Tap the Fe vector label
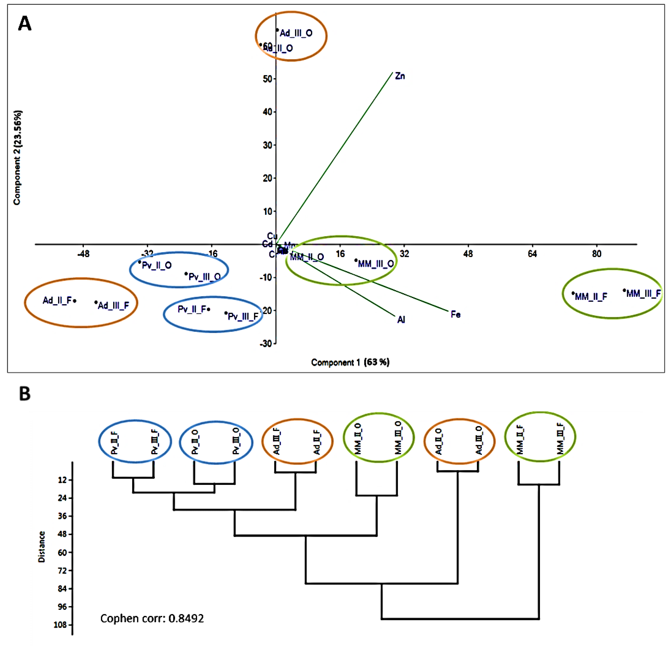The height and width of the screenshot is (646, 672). coord(455,314)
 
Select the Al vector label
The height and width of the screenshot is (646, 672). coord(401,320)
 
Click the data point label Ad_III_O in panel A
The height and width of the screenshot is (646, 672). coord(296,33)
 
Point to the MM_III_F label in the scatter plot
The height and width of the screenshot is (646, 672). coord(643,293)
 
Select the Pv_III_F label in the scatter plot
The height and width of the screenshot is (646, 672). coord(243,316)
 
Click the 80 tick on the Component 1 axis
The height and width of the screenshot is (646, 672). coord(596,254)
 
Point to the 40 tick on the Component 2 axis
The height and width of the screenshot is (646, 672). coord(267,112)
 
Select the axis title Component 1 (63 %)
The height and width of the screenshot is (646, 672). coord(350,362)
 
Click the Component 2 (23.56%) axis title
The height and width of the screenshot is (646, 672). coord(17,158)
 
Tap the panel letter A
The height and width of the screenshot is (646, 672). coord(25,24)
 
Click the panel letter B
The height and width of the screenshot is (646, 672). coord(25,394)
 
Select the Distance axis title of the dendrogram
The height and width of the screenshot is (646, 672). coord(41,546)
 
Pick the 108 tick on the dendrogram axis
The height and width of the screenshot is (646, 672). coord(60,625)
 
